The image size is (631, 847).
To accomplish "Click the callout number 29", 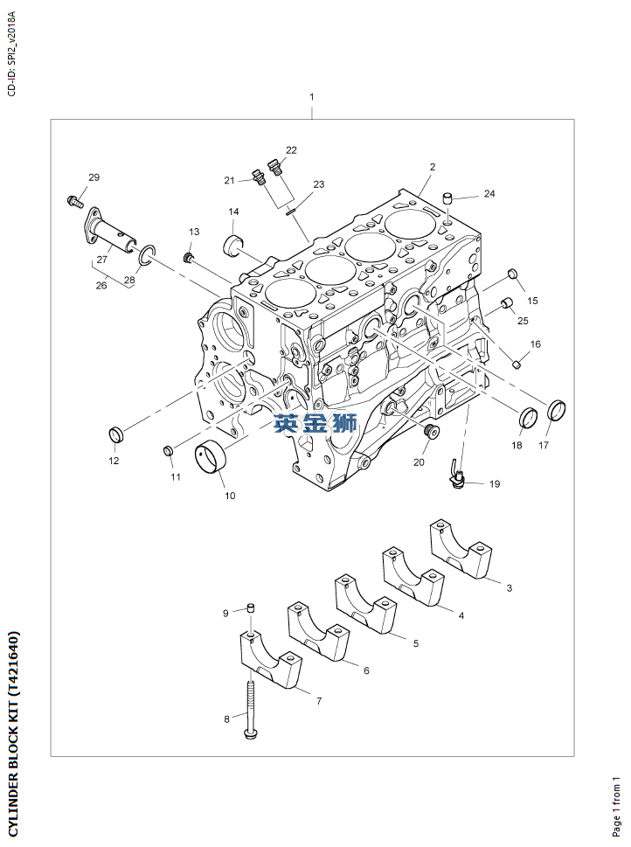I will (x=94, y=177).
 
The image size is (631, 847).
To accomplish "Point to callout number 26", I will (x=101, y=285).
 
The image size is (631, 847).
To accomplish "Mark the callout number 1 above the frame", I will (x=311, y=96).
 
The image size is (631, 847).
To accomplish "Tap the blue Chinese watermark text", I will (x=315, y=424).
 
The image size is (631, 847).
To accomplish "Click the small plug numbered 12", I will (x=114, y=434).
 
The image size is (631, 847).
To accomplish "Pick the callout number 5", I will (x=415, y=642).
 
